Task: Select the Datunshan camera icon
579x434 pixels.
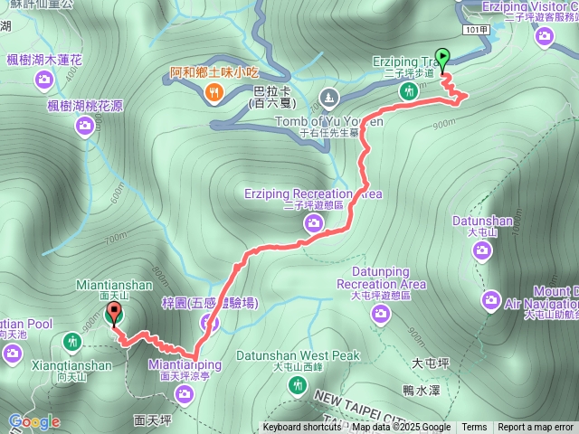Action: click(481, 250)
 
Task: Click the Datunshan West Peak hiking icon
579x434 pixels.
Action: click(297, 385)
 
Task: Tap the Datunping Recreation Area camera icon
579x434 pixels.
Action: click(381, 314)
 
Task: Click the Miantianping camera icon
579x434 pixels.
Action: click(185, 393)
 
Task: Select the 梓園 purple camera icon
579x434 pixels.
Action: click(210, 321)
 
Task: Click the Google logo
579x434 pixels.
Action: click(33, 421)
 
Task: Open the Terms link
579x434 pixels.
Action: click(474, 428)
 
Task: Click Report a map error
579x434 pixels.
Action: click(536, 428)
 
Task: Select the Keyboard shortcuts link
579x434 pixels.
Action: click(302, 428)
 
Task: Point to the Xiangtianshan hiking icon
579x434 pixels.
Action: click(72, 342)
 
